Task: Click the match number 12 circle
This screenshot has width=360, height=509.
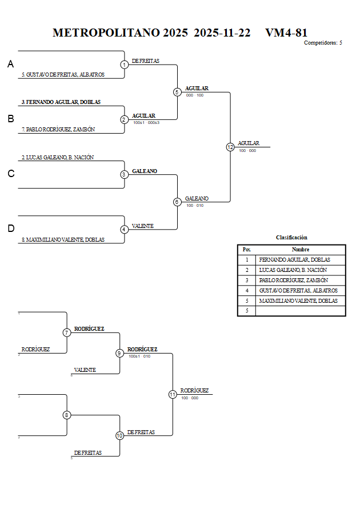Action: [x=230, y=147]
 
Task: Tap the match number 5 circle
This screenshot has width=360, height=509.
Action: [x=177, y=92]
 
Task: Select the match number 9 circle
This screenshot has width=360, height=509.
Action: [x=119, y=353]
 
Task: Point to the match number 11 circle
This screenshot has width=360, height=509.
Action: [x=173, y=394]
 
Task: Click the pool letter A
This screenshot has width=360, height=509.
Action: [x=10, y=65]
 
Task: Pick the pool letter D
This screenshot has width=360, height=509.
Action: [x=10, y=229]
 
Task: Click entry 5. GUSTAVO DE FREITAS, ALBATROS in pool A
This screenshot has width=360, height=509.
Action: [x=63, y=75]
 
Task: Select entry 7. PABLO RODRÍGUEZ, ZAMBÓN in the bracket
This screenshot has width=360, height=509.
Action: [x=58, y=130]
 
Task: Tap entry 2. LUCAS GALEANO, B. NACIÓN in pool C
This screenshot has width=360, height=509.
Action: [x=58, y=157]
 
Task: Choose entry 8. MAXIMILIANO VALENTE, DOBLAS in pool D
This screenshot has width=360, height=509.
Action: [x=63, y=240]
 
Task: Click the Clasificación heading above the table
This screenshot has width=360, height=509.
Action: [x=291, y=237]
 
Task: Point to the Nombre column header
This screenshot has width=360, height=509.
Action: [x=301, y=250]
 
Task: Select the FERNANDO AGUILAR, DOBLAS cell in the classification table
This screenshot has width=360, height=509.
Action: [x=294, y=260]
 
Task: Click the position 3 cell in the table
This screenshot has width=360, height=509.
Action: [x=247, y=280]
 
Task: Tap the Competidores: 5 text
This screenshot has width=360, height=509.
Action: [x=323, y=43]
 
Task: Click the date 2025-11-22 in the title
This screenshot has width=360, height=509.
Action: [x=222, y=33]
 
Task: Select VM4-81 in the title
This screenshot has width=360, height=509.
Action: [x=286, y=33]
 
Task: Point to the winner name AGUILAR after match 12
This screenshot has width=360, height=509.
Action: [x=249, y=143]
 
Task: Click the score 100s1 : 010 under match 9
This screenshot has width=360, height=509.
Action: [x=139, y=356]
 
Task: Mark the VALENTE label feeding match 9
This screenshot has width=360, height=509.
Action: [x=85, y=370]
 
